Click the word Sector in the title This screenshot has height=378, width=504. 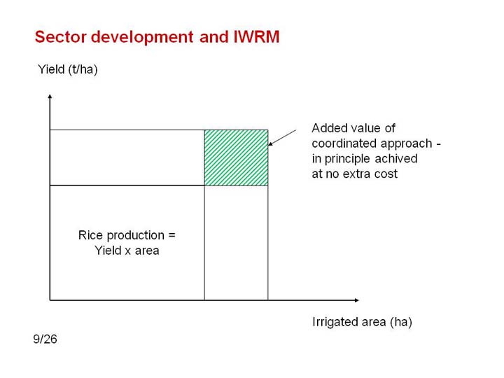[60, 36]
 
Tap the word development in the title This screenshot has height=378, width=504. [142, 37]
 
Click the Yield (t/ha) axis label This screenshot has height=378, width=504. [67, 69]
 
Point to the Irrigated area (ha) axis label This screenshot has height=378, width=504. [362, 322]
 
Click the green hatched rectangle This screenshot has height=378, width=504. [237, 157]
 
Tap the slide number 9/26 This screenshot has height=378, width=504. [45, 339]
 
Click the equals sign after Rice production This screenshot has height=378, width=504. [171, 236]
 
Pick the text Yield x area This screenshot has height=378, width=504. [127, 251]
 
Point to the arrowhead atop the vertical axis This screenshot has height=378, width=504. [50, 96]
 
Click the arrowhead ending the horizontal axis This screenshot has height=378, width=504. [356, 300]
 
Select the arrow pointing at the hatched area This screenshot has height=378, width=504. [282, 138]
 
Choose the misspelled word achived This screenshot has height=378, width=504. [396, 159]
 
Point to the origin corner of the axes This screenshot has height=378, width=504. [50, 300]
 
